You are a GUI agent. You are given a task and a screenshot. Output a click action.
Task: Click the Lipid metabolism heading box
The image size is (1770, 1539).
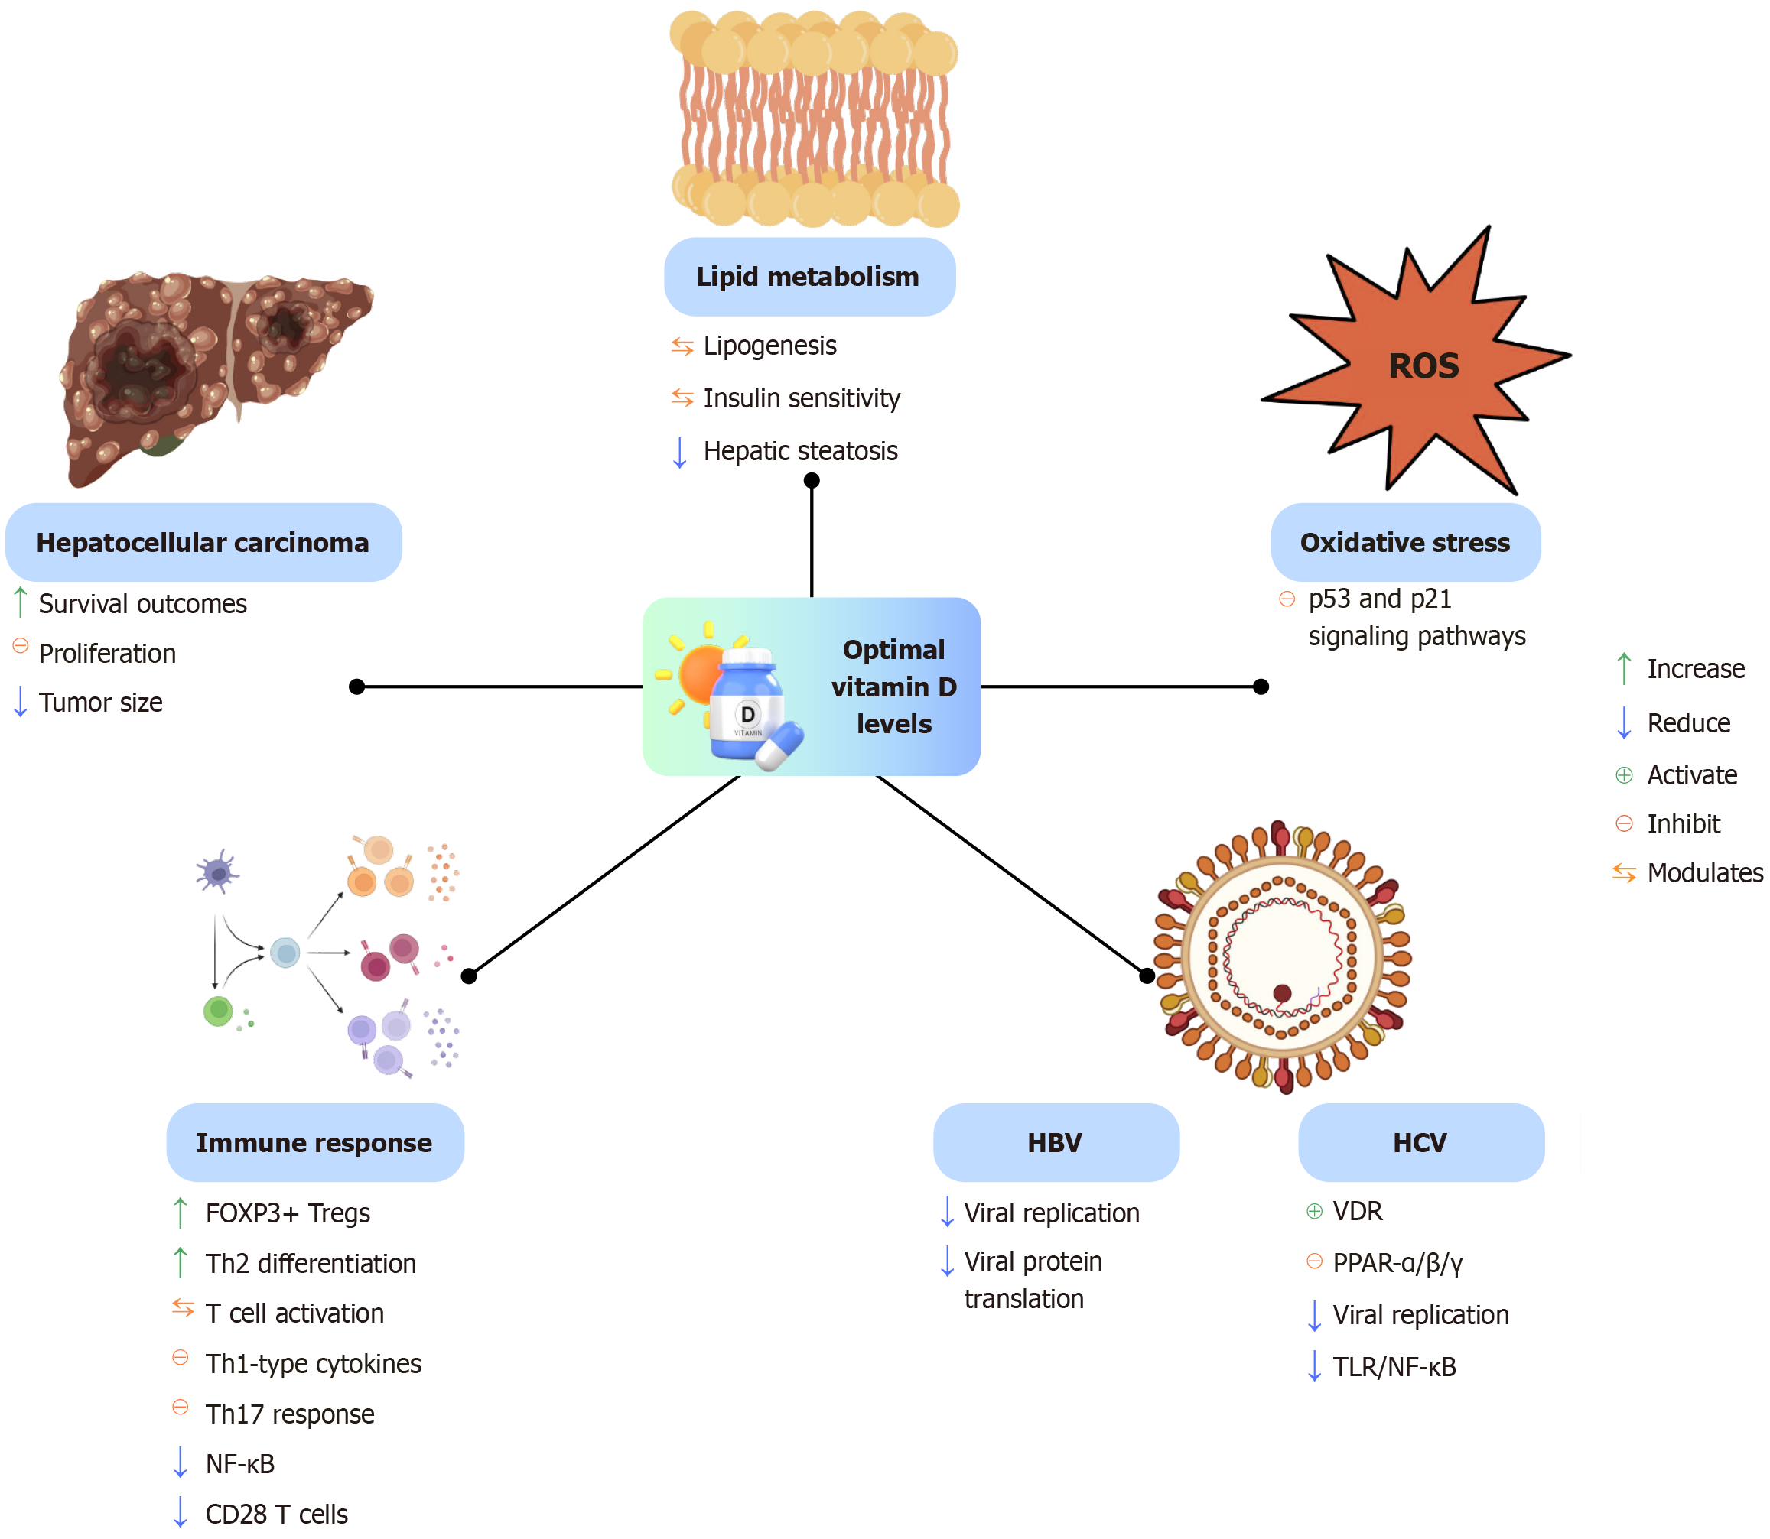pos(809,277)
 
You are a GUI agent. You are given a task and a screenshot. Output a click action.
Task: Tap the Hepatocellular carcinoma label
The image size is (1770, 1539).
pos(203,543)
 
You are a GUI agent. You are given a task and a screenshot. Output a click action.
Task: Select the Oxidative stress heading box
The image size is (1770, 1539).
pos(1405,543)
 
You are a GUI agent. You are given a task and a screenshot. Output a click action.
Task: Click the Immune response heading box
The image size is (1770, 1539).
pos(314,1142)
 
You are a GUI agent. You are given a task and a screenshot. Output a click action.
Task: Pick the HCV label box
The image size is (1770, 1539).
pos(1420,1142)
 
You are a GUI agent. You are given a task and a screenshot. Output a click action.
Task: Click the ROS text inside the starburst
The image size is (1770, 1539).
pos(1423,366)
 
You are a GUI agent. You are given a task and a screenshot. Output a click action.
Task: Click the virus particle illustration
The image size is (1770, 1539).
pos(1282,955)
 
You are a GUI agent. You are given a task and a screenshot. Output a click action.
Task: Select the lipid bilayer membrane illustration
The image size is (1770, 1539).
pos(814,119)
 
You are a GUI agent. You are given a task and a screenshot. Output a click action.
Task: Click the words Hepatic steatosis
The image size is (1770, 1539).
pos(800,451)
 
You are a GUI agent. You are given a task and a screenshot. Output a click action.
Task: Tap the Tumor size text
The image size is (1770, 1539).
pos(100,703)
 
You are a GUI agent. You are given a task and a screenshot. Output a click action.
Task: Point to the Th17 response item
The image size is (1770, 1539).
pos(290,1414)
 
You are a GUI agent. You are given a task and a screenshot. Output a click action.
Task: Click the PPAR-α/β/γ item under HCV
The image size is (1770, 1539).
pos(1397,1262)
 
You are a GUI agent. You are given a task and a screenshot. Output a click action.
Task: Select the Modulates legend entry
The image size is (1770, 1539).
pos(1704,872)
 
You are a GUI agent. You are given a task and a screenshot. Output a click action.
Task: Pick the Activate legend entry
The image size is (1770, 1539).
pos(1691,775)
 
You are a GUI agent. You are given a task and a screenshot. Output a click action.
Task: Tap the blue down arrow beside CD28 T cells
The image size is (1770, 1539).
pos(181,1511)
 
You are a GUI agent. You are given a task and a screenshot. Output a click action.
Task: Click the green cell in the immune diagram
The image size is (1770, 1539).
pos(218,1010)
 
